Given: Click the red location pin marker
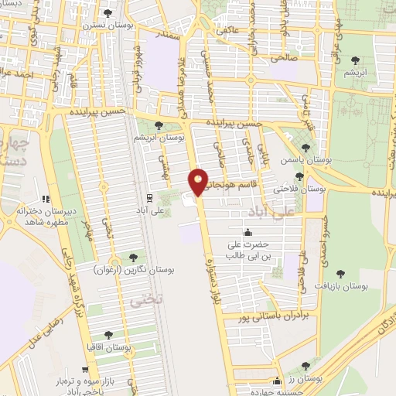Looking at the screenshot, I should click(199, 181).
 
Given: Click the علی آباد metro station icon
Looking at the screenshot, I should click(149, 197).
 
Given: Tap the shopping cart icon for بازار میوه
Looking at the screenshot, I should click(83, 370).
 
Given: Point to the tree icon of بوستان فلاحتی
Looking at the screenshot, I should click(299, 176).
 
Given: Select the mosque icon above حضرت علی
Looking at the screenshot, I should click(247, 232).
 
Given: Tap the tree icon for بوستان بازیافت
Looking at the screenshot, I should click(340, 273).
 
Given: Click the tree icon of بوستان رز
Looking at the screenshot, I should click(306, 365).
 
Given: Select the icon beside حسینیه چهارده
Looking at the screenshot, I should click(277, 380).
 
